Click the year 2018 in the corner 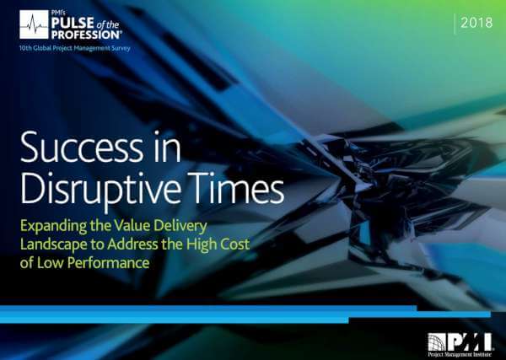point(476,23)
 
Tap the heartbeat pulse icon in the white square point(34,24)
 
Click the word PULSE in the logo point(73,24)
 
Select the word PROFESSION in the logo point(86,35)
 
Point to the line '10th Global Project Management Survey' point(74,48)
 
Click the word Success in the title point(82,147)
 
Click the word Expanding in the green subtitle point(53,226)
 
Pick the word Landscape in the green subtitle point(54,244)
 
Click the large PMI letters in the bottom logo point(469,342)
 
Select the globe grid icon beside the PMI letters point(437,342)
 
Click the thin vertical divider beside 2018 point(455,24)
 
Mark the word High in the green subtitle point(201,244)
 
